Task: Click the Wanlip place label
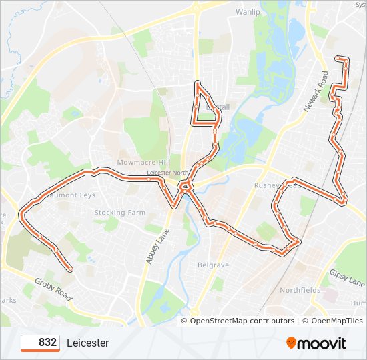tap(247, 12)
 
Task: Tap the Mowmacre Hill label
tap(144, 163)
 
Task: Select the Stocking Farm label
tap(119, 213)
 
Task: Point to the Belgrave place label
tap(213, 265)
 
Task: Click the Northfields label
tap(300, 290)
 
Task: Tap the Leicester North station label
tap(167, 172)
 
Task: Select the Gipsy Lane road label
tap(346, 278)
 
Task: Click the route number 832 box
tap(40, 343)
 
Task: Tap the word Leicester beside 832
tap(87, 343)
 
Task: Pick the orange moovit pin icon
tap(292, 343)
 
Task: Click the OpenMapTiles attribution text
tap(332, 321)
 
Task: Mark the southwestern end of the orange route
tap(70, 269)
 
